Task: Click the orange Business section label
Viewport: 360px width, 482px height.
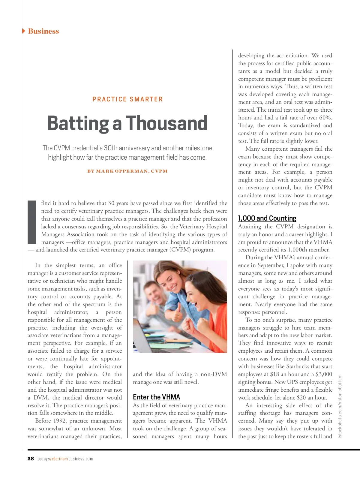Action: pyautogui.click(x=43, y=31)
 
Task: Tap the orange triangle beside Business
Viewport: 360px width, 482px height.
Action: pyautogui.click(x=24, y=31)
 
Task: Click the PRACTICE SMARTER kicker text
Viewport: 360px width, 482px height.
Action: pyautogui.click(x=127, y=99)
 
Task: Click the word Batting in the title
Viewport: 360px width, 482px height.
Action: pyautogui.click(x=78, y=123)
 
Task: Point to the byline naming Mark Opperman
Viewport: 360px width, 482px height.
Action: pyautogui.click(x=127, y=171)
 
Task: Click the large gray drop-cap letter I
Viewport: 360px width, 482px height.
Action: pyautogui.click(x=32, y=222)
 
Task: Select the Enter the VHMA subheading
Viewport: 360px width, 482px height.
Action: pyautogui.click(x=156, y=397)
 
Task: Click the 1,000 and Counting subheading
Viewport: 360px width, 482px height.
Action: pyautogui.click(x=267, y=218)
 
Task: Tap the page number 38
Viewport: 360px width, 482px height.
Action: pyautogui.click(x=31, y=459)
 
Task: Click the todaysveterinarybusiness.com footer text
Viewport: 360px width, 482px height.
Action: pyautogui.click(x=65, y=459)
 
